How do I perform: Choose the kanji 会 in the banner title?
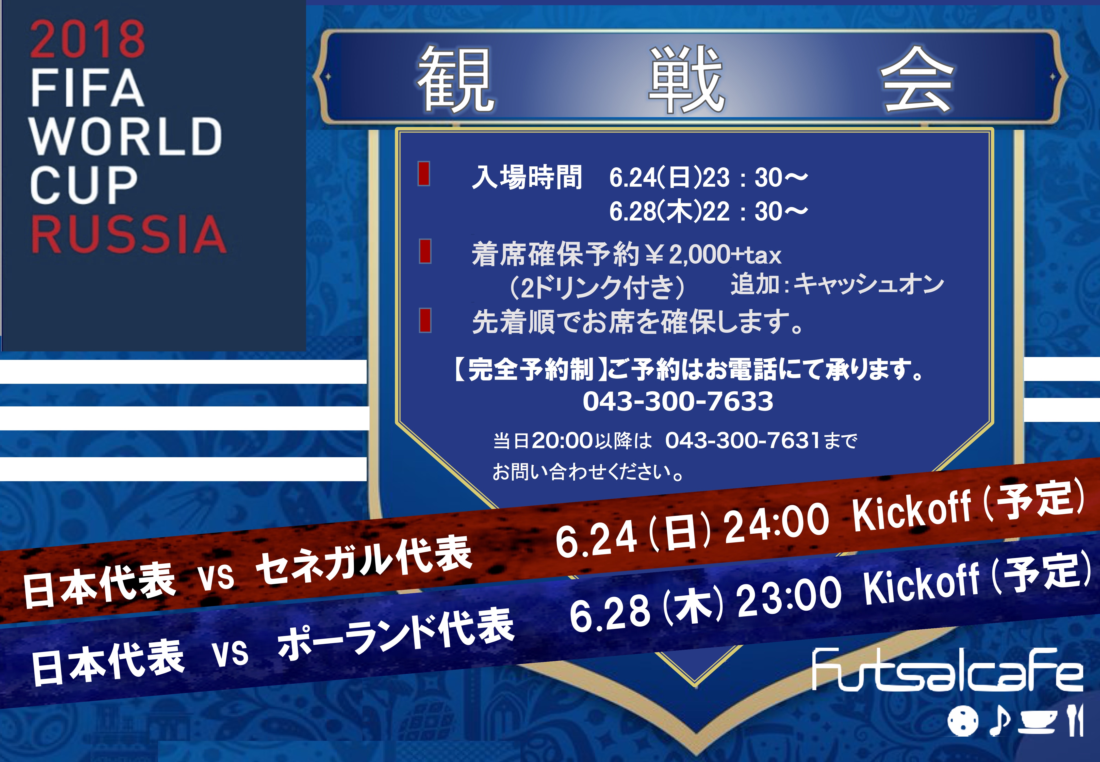point(917,79)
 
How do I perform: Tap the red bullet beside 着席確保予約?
point(425,251)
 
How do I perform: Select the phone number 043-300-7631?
point(743,440)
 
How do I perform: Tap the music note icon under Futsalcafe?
point(999,720)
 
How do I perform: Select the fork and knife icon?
point(1075,720)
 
